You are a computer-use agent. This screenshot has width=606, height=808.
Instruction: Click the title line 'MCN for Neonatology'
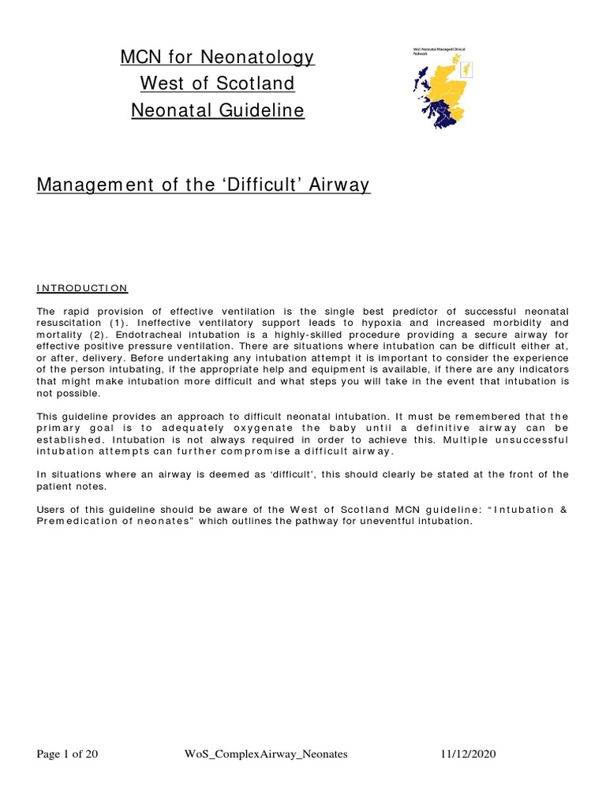(x=217, y=57)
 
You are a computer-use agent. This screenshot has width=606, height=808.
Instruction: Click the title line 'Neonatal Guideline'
(x=217, y=110)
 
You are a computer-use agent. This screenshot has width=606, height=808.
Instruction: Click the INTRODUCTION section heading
(x=82, y=288)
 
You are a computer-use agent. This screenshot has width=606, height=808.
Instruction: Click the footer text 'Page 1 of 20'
(x=68, y=754)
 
